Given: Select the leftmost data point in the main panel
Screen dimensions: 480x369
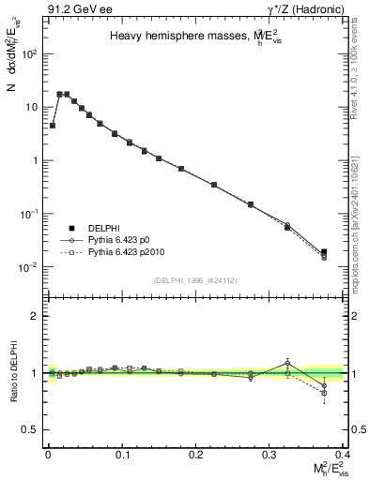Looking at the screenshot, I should pos(53,125).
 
